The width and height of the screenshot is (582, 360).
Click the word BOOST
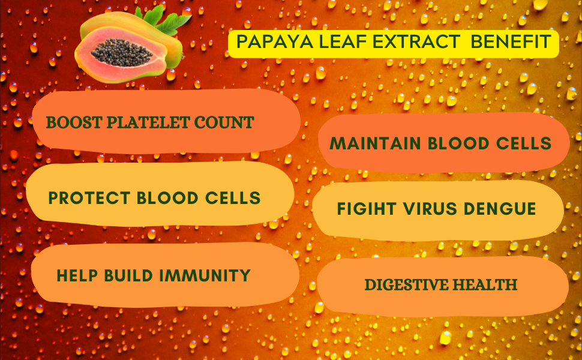pos(70,123)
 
